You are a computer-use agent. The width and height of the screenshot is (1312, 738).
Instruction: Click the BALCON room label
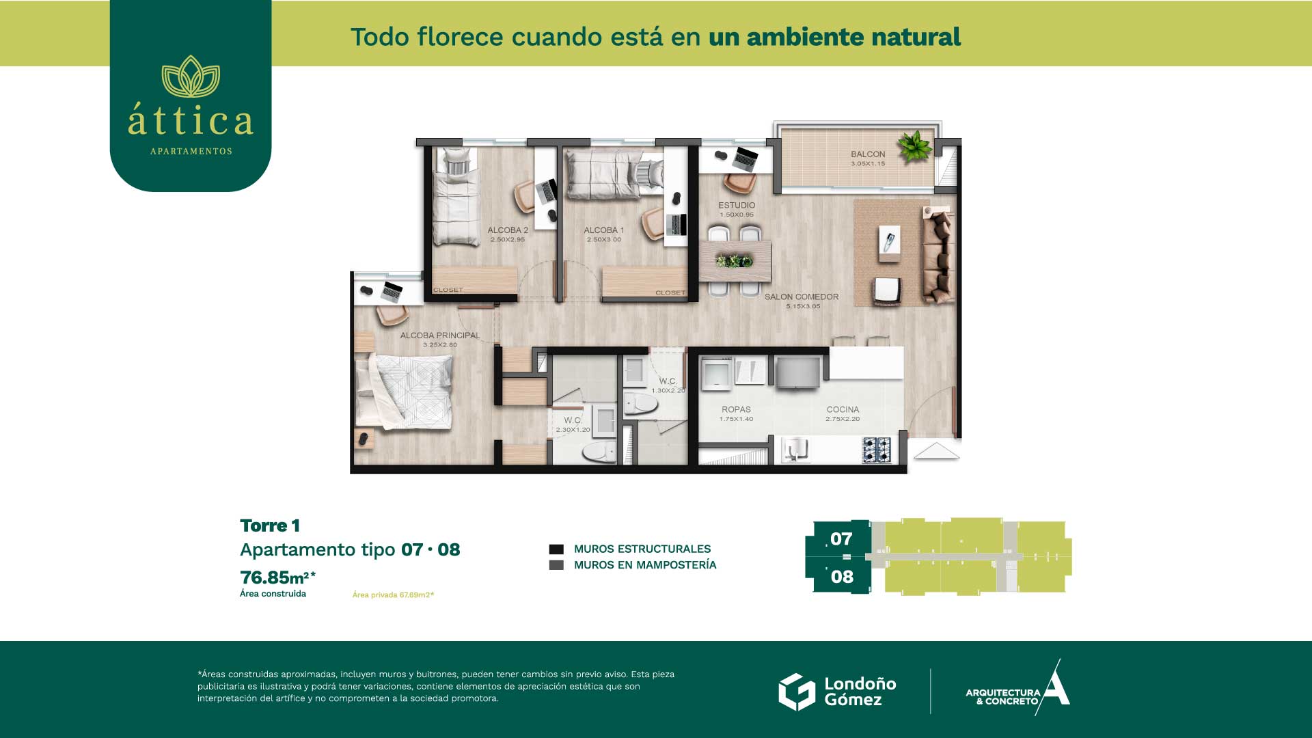tap(868, 154)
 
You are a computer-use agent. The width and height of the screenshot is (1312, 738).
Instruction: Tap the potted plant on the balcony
tap(914, 146)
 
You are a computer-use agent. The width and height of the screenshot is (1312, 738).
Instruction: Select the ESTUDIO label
tap(737, 205)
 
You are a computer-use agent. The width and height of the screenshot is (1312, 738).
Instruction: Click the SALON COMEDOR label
tap(802, 297)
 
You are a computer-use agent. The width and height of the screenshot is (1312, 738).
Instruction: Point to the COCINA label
tap(843, 409)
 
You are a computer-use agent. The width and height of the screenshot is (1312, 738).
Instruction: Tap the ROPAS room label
tap(736, 409)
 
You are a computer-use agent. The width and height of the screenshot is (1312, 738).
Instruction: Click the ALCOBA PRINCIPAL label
tap(440, 336)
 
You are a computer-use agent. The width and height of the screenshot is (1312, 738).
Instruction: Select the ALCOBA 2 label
tap(508, 230)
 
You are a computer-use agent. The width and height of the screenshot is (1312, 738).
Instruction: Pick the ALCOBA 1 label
tap(604, 230)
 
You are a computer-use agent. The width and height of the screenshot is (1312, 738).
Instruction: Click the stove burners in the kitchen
tap(877, 450)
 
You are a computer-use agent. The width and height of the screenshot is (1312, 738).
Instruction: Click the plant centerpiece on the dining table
tap(734, 260)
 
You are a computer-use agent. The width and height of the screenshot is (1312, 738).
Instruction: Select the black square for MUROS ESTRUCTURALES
tap(556, 549)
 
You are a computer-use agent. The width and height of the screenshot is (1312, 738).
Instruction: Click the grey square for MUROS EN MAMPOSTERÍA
tap(556, 565)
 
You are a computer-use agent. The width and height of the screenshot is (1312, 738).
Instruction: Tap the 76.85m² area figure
tap(277, 577)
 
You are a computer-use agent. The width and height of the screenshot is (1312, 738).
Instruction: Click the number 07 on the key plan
tap(841, 539)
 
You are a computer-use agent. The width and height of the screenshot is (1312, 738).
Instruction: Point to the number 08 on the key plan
tap(842, 577)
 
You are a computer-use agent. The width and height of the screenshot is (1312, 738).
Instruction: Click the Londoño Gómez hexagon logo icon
tap(797, 692)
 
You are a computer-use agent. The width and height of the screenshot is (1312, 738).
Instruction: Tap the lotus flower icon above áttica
tap(191, 77)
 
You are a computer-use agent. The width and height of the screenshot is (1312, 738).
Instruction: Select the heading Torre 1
tap(270, 525)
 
